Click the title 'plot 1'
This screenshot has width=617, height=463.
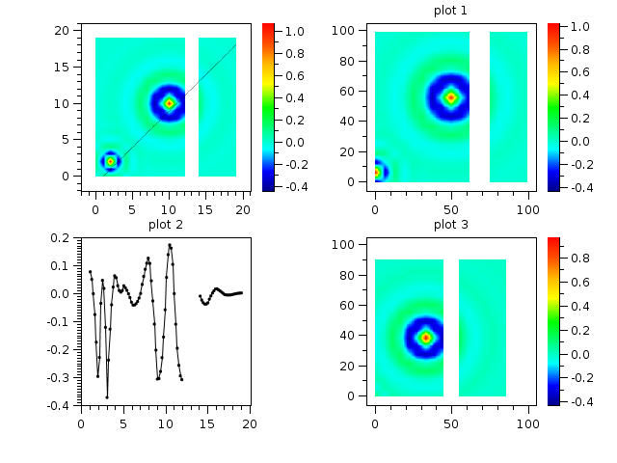coord(450,11)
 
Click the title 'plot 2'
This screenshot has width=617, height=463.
coord(165,225)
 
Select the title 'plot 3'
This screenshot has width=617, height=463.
coord(450,225)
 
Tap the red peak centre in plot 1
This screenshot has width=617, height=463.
coord(451,97)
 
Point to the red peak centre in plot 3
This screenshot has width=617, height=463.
coord(425,338)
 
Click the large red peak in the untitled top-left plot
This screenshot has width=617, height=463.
coord(170,103)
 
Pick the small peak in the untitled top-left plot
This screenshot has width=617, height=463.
coord(110,161)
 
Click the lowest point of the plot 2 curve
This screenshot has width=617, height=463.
coord(107,396)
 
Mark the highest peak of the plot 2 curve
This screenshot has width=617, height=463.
coord(170,245)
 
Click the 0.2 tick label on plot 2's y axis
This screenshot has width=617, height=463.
coord(60,237)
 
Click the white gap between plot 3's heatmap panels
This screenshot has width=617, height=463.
coord(450,328)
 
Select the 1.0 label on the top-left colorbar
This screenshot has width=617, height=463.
coord(296,32)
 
